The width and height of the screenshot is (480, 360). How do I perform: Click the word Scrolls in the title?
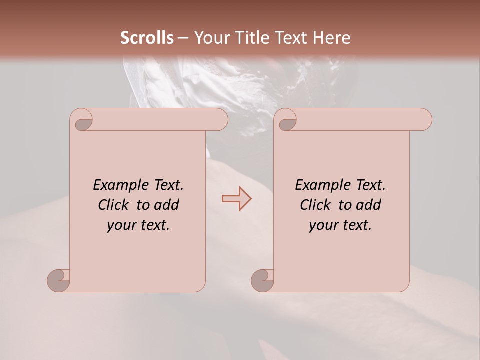pos(147,38)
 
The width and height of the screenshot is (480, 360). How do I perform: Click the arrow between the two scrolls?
pos(236,199)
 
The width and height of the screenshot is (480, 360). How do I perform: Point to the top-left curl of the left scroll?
pos(82,120)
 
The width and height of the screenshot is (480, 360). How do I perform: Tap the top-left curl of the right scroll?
pos(286,120)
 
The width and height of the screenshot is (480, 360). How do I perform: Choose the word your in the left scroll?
pos(121,225)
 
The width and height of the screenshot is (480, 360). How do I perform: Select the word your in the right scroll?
pos(323,225)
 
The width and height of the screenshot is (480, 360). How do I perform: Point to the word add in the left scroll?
pos(167,205)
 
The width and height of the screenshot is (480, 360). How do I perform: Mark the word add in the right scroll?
pos(369,205)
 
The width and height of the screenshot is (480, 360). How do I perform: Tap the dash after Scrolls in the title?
pos(183,38)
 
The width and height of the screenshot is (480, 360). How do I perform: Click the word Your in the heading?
pos(209,38)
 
